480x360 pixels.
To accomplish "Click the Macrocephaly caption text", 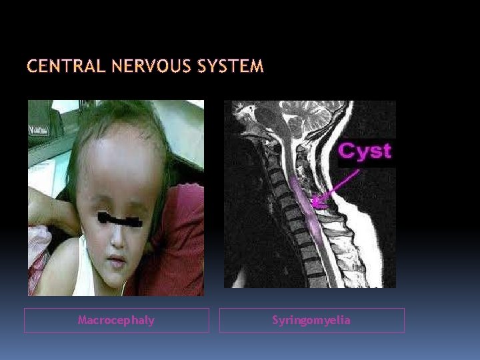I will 116,321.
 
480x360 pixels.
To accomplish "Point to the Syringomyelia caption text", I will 311,321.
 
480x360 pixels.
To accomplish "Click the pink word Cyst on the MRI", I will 365,151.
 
